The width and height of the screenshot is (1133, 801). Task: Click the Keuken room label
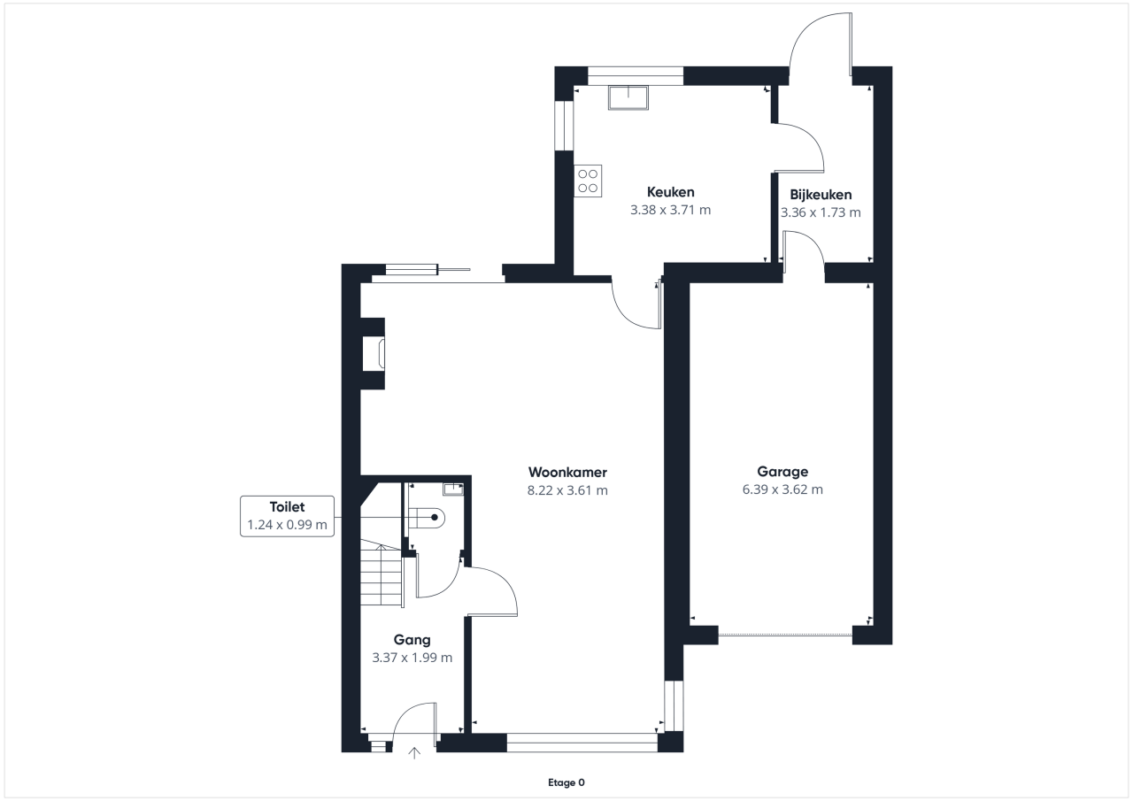pos(670,192)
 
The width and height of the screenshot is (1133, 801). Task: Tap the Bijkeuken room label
pos(821,195)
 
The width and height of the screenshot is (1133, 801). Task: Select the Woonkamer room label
pos(567,473)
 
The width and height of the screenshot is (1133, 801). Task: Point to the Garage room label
pos(782,472)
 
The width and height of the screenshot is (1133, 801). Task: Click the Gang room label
pos(412,640)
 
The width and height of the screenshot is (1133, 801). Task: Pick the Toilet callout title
pos(287,506)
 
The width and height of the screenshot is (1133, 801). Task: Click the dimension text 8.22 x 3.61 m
pos(567,490)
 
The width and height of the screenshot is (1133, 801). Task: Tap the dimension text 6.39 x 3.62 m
pos(782,489)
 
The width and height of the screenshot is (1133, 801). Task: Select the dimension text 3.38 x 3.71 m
pos(670,210)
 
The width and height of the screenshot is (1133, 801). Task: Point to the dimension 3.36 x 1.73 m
pos(821,212)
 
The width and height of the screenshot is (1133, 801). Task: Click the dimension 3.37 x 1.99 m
pos(412,658)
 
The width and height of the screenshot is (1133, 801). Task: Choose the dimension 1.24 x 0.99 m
pos(287,525)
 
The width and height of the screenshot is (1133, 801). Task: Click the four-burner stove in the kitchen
pos(588,181)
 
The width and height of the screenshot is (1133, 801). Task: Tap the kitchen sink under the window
pos(628,97)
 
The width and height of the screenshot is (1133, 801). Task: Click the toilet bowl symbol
pos(427,518)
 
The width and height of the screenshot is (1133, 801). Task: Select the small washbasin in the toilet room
pos(453,489)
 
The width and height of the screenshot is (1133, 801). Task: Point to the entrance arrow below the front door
pos(414,753)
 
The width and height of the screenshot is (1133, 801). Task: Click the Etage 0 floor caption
pos(566,782)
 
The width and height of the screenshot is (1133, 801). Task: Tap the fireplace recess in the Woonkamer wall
pos(374,354)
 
